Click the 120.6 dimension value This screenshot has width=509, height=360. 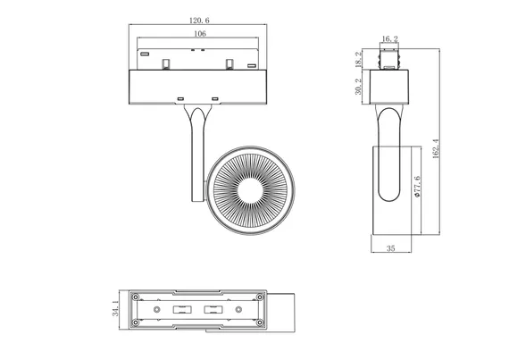199,21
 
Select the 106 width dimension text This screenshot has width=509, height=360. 200,34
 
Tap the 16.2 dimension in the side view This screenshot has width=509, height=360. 389,39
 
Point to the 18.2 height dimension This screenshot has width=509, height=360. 358,60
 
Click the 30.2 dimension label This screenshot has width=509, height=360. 358,87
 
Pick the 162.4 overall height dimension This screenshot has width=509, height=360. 436,148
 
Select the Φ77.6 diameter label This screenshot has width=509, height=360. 417,187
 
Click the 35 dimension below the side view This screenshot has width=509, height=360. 391,248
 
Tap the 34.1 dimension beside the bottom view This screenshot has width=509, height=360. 115,308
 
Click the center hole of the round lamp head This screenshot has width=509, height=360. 250,191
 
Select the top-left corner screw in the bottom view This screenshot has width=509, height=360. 136,297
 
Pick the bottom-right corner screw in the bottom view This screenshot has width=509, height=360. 260,322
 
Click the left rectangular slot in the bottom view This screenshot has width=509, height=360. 182,309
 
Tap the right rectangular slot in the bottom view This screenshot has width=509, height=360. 213,309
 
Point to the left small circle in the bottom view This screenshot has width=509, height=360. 157,309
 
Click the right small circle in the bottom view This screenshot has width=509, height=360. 238,309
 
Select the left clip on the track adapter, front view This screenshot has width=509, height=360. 166,64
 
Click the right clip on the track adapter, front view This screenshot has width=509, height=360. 229,64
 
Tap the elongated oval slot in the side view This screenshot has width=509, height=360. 388,155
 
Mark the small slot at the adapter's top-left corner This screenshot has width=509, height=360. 145,54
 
